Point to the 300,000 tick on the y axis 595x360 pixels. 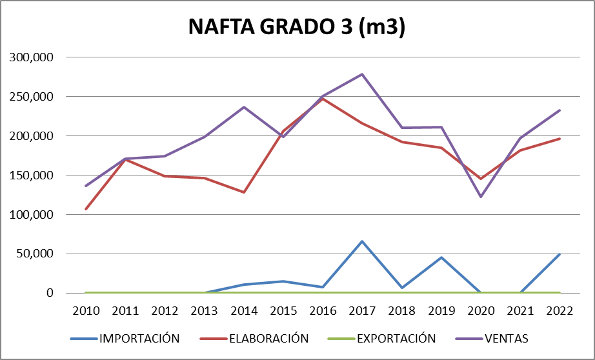pos(32,57)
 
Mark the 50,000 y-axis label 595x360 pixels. pos(35,254)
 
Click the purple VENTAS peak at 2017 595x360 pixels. pos(362,74)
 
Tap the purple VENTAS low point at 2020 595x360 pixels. pos(481,196)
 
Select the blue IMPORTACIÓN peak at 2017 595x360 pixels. pos(362,241)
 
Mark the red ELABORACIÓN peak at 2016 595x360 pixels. pos(323,99)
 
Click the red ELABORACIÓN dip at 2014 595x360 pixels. pos(244,192)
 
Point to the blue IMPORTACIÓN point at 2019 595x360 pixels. pos(441,257)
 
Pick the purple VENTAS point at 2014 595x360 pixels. pos(244,107)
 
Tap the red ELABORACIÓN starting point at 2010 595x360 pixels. pos(86,209)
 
